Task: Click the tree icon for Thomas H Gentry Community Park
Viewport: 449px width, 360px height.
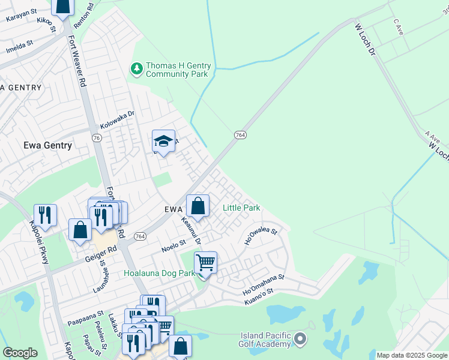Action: tap(137, 69)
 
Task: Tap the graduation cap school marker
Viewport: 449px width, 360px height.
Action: tap(163, 142)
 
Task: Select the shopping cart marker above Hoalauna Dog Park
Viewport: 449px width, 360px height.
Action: tap(205, 263)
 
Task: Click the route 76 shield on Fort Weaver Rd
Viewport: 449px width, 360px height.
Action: tap(97, 137)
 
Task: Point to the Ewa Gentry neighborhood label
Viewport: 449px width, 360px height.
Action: tap(47, 145)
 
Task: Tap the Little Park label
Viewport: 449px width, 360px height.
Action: tap(241, 208)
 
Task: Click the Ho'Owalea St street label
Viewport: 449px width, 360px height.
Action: tap(261, 235)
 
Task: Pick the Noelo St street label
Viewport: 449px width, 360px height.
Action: tap(174, 247)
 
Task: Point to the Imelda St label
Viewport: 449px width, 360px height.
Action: tap(19, 49)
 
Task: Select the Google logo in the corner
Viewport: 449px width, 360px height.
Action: tap(20, 353)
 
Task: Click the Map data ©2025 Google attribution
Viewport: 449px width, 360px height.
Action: tap(412, 355)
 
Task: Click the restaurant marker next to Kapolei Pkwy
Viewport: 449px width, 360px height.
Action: tap(45, 215)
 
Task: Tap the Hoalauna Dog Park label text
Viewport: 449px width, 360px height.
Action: tap(160, 273)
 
